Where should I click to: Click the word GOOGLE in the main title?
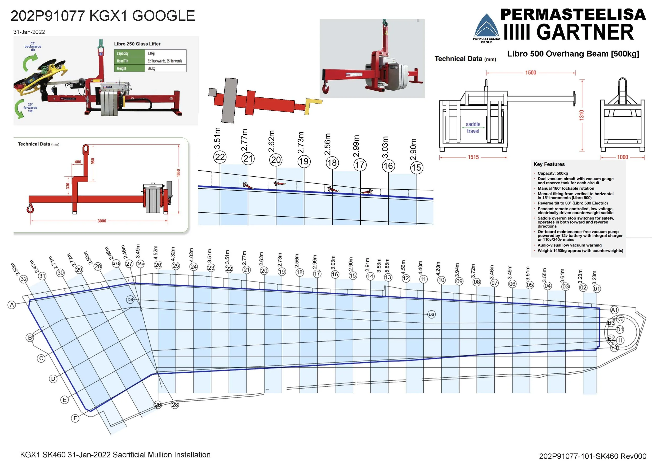tap(163, 16)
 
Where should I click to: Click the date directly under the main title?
tap(29, 32)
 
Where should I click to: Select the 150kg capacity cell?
tap(151, 53)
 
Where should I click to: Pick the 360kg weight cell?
tap(151, 68)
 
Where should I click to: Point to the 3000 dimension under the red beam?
tap(102, 221)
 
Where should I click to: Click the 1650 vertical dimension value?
tap(178, 173)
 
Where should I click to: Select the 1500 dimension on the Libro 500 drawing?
tap(530, 73)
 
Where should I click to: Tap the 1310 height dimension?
tap(582, 115)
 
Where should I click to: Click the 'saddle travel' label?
tap(473, 127)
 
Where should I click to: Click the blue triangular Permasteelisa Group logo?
tap(486, 26)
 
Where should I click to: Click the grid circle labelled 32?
tap(24, 279)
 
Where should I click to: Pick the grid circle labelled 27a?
tap(116, 263)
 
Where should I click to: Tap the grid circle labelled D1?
tap(620, 329)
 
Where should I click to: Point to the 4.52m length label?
tap(156, 252)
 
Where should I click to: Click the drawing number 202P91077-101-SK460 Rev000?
tap(593, 456)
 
